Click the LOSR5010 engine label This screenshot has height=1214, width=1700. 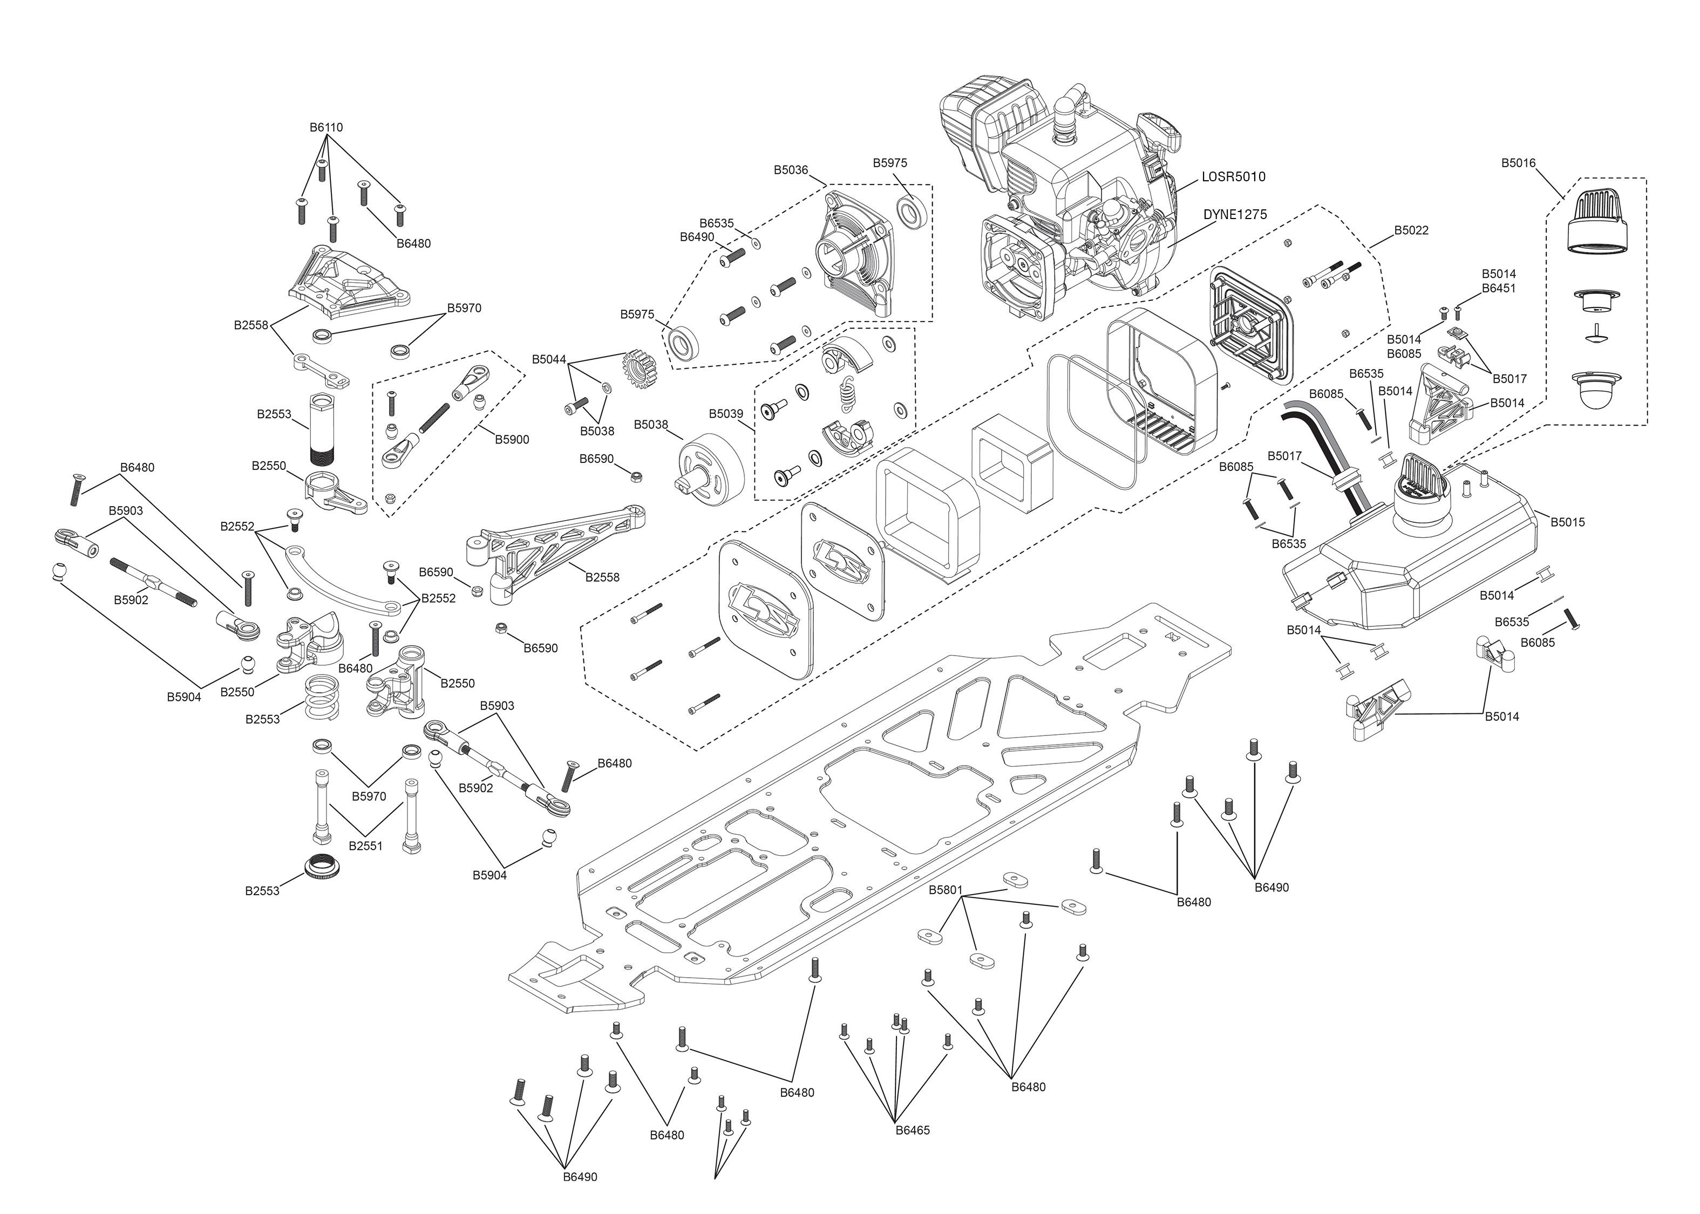[x=1234, y=177]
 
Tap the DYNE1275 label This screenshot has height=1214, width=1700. [x=1235, y=215]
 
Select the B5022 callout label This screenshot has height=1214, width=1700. [x=1411, y=230]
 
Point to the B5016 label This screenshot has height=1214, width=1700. [x=1518, y=163]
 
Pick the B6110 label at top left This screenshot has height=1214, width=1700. [x=326, y=127]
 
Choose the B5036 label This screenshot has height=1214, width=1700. [x=790, y=170]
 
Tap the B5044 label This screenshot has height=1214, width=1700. [x=549, y=359]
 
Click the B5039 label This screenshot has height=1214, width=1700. [x=726, y=413]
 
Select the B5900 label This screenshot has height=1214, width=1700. [x=511, y=440]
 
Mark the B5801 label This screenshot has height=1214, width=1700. [x=946, y=890]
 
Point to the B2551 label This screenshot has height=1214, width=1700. [x=365, y=846]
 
